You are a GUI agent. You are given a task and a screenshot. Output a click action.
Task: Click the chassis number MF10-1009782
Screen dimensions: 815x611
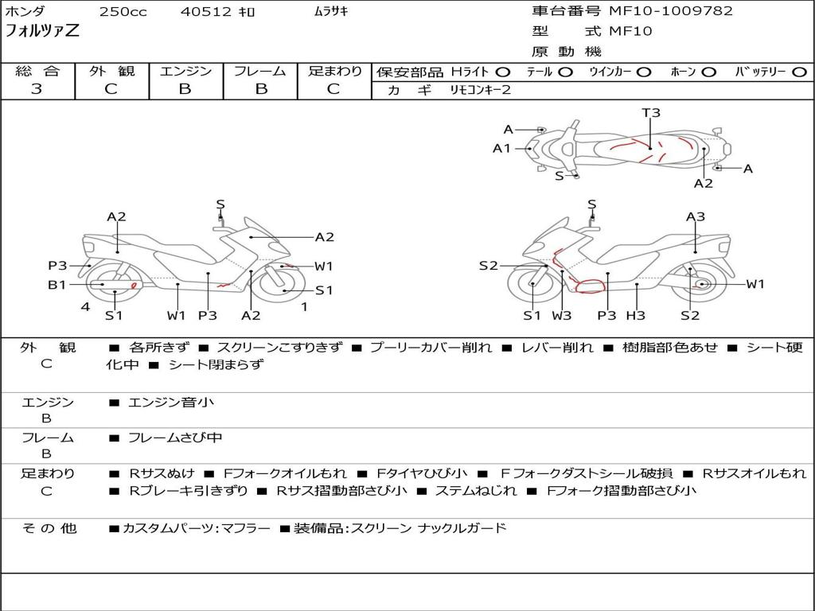(x=670, y=10)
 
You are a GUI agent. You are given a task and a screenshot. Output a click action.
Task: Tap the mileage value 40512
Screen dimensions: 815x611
(x=205, y=11)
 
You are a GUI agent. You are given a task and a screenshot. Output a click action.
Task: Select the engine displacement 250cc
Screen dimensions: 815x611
(x=123, y=11)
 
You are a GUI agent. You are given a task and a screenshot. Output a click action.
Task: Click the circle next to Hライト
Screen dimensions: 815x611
(x=503, y=72)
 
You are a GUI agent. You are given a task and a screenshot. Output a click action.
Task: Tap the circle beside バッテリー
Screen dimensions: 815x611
(x=799, y=72)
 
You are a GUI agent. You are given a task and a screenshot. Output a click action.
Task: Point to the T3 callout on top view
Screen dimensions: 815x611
(x=651, y=112)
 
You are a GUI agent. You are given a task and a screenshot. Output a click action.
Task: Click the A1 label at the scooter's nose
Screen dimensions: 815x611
(x=501, y=149)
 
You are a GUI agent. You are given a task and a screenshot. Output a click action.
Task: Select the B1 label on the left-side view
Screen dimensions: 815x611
(x=57, y=284)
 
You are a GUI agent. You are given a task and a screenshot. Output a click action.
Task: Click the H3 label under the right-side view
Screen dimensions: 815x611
(x=636, y=315)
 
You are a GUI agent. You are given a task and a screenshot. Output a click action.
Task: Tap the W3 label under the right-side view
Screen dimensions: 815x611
(x=561, y=315)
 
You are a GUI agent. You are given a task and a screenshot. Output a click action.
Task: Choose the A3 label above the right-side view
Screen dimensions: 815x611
(x=696, y=216)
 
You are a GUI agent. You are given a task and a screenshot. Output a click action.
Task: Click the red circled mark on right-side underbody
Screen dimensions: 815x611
(x=590, y=286)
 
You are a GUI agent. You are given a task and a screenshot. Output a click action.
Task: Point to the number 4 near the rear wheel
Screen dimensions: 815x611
(x=85, y=306)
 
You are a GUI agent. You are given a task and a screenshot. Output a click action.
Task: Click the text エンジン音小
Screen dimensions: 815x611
(x=171, y=402)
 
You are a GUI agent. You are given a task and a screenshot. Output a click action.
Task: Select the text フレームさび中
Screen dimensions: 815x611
(x=175, y=438)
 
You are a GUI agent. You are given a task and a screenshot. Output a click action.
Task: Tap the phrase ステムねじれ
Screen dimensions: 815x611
(x=476, y=490)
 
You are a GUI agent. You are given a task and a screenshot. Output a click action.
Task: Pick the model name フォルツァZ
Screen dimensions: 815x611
(x=42, y=30)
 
